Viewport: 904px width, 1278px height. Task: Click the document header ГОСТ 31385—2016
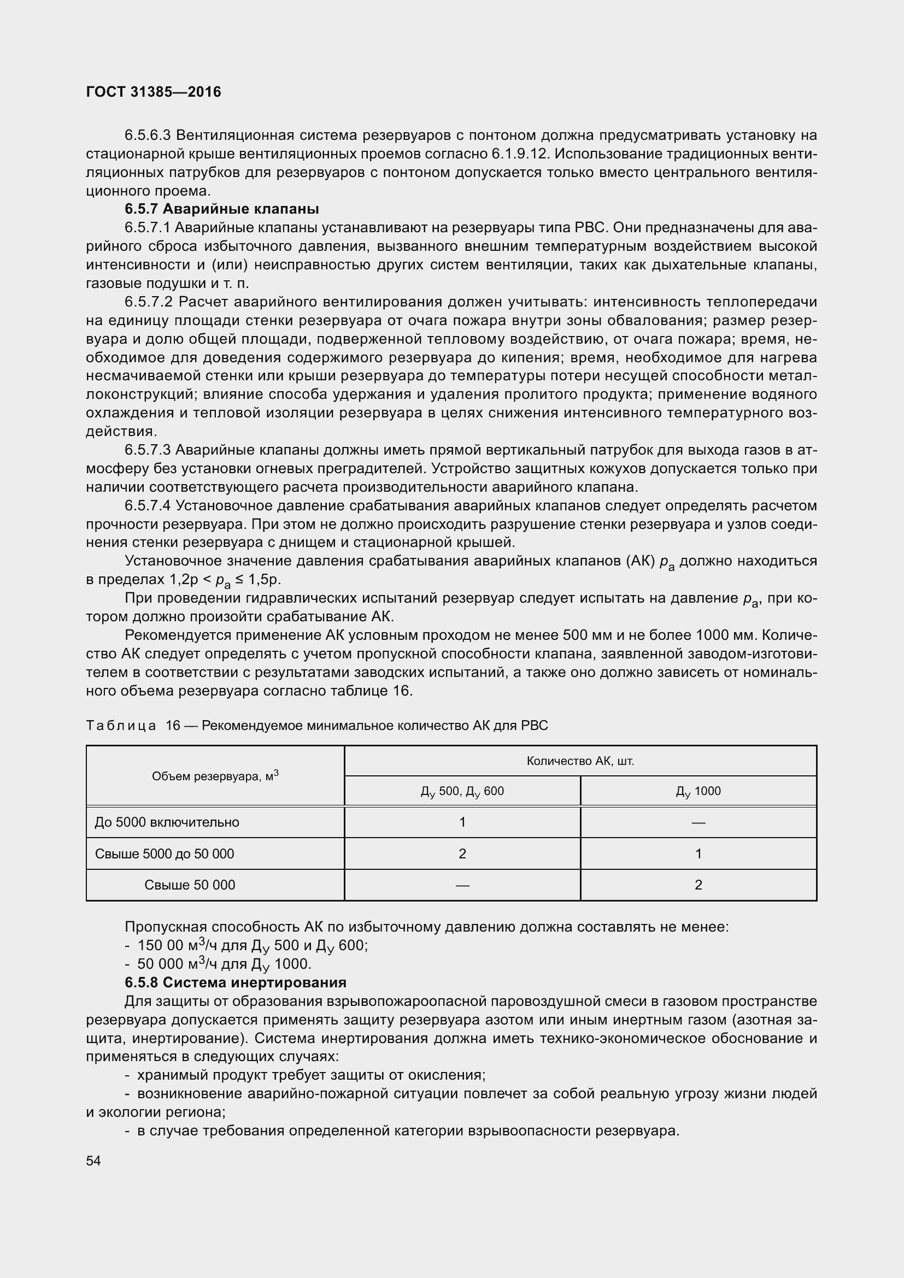coord(154,92)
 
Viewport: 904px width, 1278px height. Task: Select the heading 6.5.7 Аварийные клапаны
coord(221,209)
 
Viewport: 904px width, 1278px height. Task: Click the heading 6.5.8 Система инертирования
coord(235,982)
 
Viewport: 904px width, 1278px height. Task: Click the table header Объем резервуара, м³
coord(215,775)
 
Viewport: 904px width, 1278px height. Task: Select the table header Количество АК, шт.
coord(580,761)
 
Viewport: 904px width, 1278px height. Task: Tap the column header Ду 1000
coord(698,791)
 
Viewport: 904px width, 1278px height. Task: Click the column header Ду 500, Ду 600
coord(462,791)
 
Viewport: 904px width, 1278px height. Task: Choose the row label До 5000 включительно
coord(167,822)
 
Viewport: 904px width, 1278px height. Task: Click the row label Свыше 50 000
coord(190,885)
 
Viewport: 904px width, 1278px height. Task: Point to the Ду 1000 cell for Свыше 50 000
coord(698,885)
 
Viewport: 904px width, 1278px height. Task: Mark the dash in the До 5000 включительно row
coord(698,822)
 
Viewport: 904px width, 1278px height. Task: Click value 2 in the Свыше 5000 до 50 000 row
coord(462,854)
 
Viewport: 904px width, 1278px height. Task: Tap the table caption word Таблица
coord(121,726)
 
